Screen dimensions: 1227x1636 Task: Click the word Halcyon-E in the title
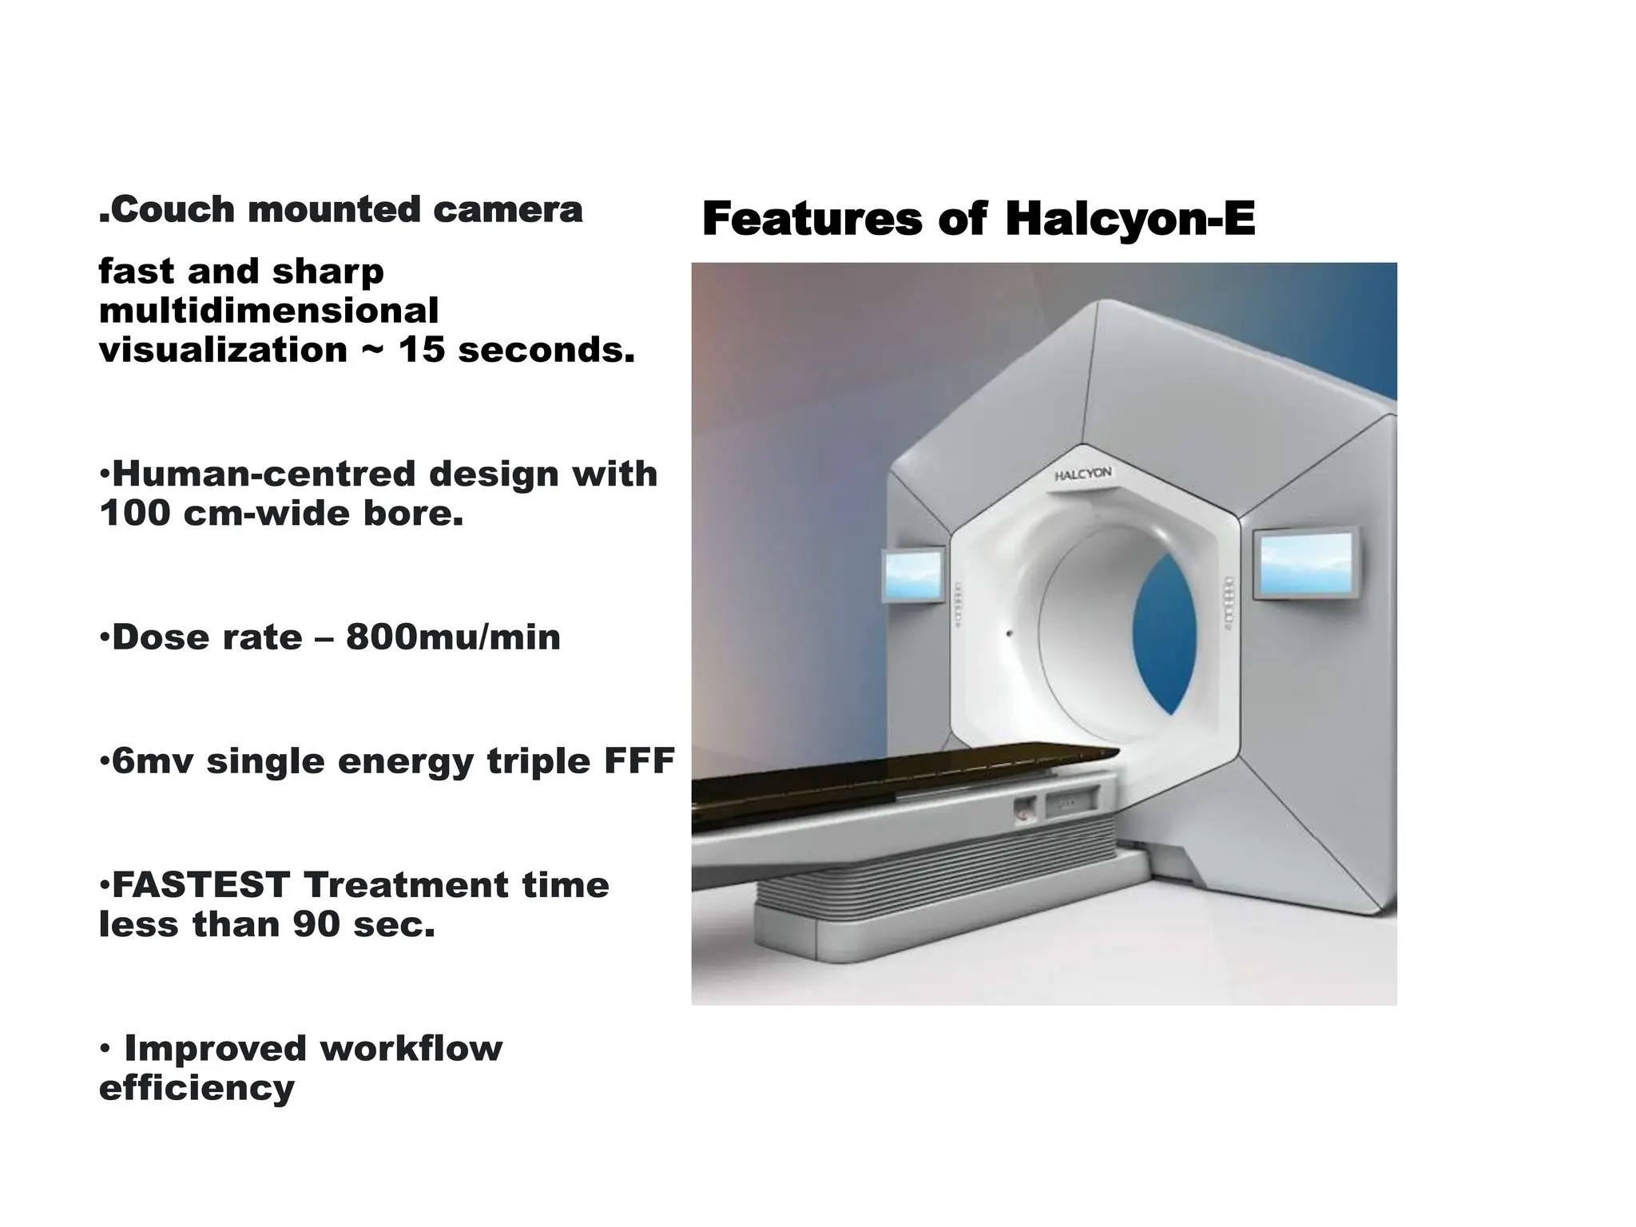click(1130, 219)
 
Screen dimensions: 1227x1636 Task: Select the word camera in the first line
click(507, 209)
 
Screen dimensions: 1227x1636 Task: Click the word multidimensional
click(268, 311)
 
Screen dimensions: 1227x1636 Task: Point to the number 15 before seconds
click(421, 350)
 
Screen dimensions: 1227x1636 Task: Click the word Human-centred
click(259, 474)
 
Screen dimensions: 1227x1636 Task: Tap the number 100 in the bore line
click(134, 513)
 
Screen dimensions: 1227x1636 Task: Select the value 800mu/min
click(453, 637)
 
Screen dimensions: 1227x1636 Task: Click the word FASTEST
click(201, 885)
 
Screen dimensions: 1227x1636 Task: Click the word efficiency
click(197, 1088)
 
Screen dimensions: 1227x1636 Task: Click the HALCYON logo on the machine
click(1082, 475)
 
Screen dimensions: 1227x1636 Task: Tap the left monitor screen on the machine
click(912, 575)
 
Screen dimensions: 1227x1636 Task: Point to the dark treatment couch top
click(879, 779)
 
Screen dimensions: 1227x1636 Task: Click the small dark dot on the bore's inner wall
click(1009, 633)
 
